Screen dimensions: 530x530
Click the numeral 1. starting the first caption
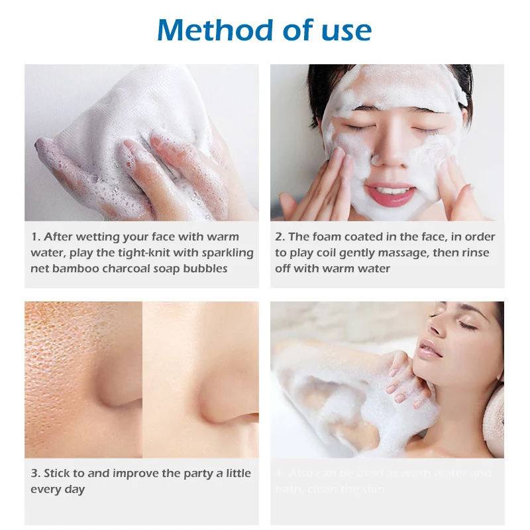(36, 237)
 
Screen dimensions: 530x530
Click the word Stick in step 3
(58, 473)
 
